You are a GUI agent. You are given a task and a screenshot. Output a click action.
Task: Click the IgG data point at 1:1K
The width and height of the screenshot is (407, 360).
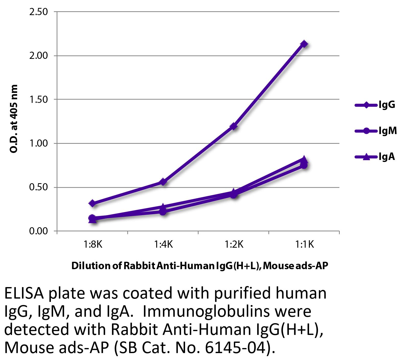point(304,44)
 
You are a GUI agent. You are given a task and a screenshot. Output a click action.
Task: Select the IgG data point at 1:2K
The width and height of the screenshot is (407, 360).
point(233,126)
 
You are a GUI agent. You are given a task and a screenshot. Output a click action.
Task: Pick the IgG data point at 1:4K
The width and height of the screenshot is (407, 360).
point(163,182)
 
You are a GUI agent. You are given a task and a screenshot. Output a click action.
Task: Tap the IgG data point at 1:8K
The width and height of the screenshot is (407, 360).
point(92,203)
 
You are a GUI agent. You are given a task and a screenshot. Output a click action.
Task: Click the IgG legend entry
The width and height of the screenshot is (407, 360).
point(375,105)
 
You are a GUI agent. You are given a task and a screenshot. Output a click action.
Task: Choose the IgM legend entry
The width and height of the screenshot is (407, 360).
point(376,131)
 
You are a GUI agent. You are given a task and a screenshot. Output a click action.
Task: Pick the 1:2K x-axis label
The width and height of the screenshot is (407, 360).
point(234,245)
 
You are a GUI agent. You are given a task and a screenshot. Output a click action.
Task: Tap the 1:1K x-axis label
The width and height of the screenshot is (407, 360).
point(304,245)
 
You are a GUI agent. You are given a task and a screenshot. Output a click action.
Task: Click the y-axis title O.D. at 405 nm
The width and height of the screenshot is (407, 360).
point(14,119)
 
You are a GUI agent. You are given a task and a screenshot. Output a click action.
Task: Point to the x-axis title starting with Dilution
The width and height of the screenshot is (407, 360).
point(199,266)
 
